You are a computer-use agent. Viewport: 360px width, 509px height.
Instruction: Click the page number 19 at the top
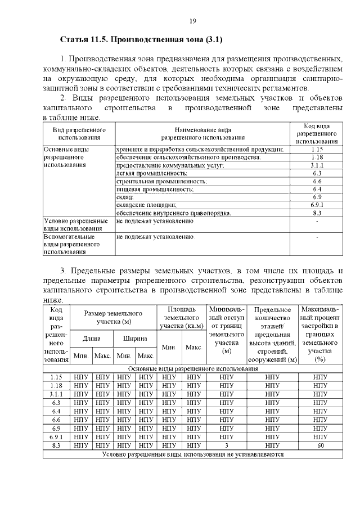click(x=192, y=21)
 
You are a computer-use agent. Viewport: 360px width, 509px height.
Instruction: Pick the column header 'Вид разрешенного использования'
click(x=79, y=133)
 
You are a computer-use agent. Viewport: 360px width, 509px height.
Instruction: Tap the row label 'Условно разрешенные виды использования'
click(x=75, y=225)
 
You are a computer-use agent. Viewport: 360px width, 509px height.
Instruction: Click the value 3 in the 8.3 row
click(x=227, y=445)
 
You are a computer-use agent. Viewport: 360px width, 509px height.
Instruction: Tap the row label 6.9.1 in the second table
click(x=56, y=437)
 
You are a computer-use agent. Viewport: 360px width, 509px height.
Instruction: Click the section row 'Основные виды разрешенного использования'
click(x=192, y=368)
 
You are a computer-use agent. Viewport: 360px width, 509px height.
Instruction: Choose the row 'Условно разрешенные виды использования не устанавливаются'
click(x=192, y=454)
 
